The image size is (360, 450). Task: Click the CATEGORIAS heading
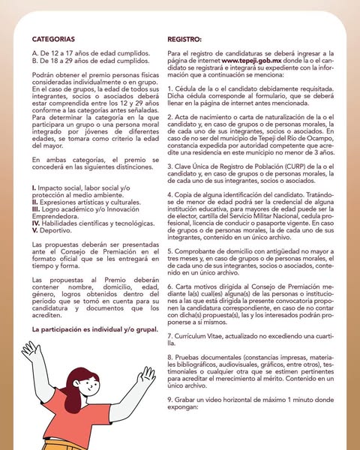coord(53,38)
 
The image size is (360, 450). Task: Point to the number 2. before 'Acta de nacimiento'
coord(170,120)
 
